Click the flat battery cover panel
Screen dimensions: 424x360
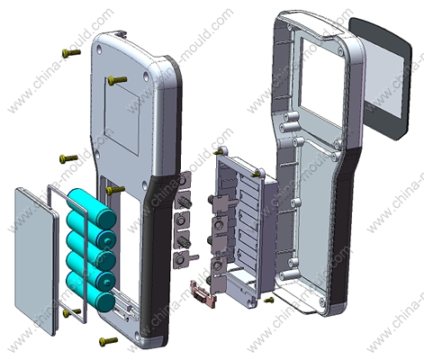(35, 260)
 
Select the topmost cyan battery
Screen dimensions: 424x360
(92, 206)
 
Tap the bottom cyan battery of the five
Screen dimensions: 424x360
(92, 292)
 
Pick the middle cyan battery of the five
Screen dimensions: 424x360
(91, 249)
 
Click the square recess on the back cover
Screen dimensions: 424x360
(122, 115)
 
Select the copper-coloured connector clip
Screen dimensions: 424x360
(203, 294)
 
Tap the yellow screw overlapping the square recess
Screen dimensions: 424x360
(117, 80)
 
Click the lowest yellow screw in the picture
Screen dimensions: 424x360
(108, 341)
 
